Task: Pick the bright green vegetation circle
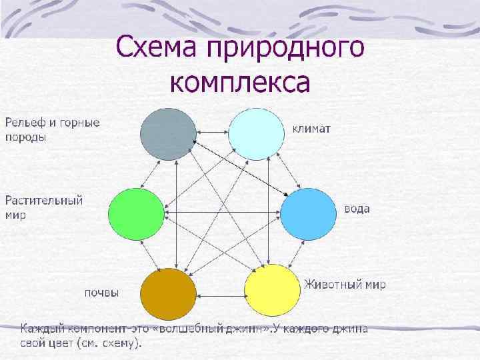tap(136, 214)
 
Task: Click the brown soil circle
tap(169, 294)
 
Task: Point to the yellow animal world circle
tap(272, 291)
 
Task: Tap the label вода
tap(357, 209)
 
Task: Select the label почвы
tap(102, 292)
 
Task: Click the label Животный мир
tap(345, 284)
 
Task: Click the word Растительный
tap(45, 200)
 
